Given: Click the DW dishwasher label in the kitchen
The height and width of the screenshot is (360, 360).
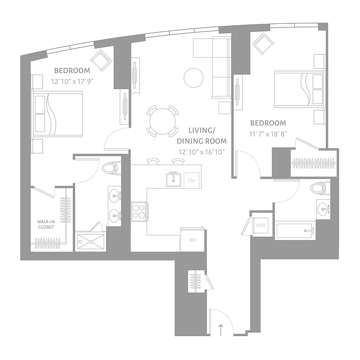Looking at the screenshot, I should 191,180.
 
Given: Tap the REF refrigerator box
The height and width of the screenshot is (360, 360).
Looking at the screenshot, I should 193,240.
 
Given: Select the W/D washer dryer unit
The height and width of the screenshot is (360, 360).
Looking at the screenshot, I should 261,225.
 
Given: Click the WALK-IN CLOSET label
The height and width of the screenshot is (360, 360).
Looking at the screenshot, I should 45,224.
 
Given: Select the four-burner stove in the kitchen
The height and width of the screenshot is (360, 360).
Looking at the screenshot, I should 139,211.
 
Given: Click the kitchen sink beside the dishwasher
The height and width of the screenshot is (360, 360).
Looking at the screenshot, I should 172,180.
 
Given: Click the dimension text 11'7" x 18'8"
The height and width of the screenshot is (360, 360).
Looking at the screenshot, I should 268,134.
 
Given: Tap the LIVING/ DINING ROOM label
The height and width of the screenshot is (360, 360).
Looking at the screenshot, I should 202,135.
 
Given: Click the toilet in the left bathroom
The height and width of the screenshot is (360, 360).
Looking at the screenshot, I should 110,169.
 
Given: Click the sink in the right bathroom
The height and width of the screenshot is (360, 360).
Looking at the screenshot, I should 324,208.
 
